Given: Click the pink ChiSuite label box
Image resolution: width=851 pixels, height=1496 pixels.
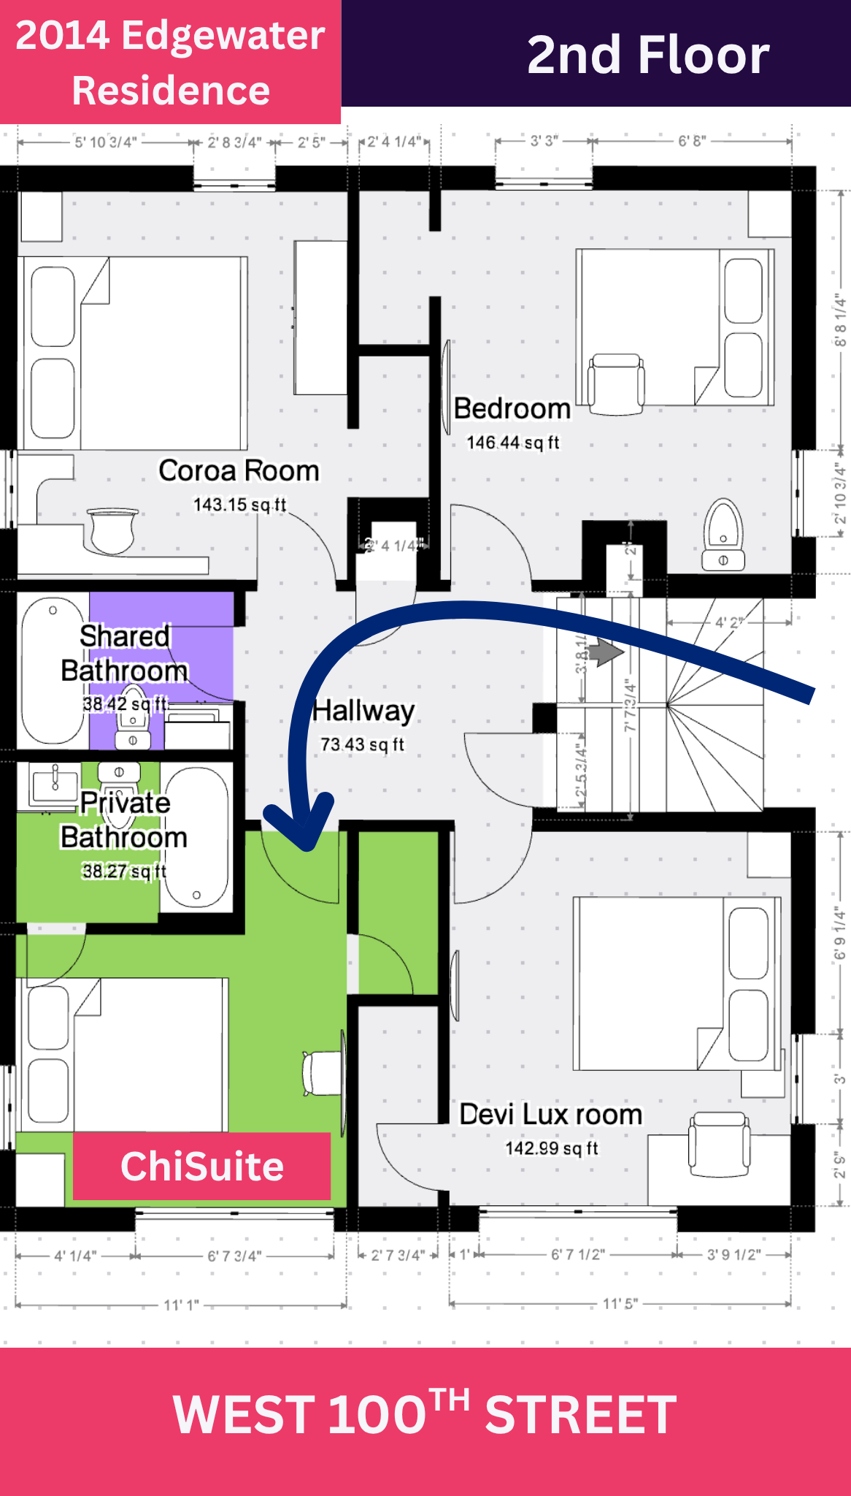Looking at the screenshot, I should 201,1166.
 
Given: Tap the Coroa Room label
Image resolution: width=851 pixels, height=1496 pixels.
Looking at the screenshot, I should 239,471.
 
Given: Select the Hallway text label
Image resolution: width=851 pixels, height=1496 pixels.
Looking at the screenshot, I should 363,711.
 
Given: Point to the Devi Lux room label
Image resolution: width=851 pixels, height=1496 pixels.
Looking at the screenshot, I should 550,1115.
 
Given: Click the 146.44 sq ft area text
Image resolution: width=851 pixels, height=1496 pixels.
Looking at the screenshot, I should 512,443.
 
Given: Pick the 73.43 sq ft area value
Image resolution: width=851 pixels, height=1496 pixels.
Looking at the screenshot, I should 362,744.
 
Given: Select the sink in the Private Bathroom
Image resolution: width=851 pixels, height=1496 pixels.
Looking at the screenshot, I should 54,785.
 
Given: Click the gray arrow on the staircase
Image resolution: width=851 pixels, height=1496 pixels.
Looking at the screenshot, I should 605,652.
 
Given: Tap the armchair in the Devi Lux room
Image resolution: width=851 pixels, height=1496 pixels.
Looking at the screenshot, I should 720,1143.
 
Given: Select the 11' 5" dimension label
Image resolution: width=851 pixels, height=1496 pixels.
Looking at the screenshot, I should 620,1304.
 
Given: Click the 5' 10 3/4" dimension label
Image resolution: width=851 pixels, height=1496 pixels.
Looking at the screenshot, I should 106,142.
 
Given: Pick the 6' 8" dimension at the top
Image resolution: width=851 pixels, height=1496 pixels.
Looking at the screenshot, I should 692,141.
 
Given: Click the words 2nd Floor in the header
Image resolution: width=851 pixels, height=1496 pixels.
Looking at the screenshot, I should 647,56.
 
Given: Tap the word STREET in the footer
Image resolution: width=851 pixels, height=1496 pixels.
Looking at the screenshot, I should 580,1414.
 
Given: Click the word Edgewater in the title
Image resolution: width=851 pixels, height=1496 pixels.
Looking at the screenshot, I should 223,35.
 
